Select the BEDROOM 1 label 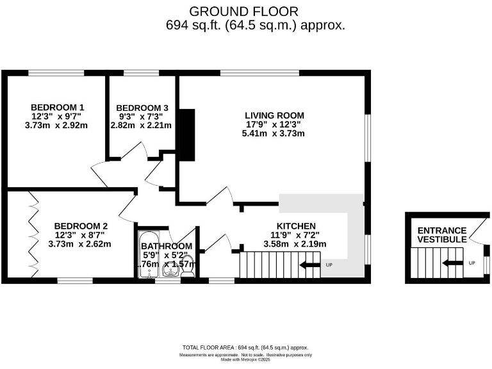click(x=58, y=107)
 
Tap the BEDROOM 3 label click(x=142, y=107)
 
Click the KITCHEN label click(x=295, y=225)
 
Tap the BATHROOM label click(x=167, y=246)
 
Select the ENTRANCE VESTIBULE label click(x=442, y=234)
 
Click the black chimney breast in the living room click(x=187, y=135)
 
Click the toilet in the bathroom click(x=187, y=272)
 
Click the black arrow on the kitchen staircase click(x=311, y=265)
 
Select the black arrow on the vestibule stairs click(x=453, y=263)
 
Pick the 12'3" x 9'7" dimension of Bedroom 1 click(x=58, y=116)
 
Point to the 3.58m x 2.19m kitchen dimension click(x=295, y=243)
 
